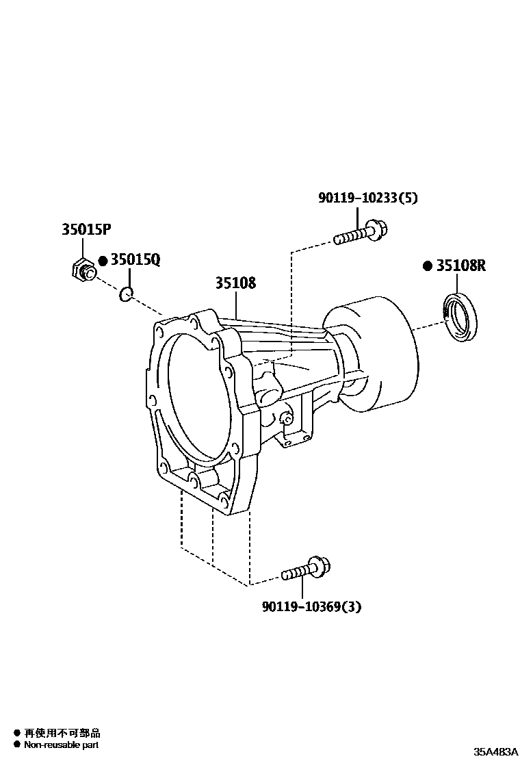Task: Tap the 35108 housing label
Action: (x=236, y=283)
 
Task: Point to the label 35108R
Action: (x=460, y=266)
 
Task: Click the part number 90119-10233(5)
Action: (x=367, y=198)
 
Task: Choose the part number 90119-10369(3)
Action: (x=311, y=606)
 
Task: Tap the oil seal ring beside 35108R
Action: (x=463, y=315)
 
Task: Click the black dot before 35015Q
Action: (x=103, y=261)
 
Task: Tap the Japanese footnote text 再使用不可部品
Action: (x=62, y=733)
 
